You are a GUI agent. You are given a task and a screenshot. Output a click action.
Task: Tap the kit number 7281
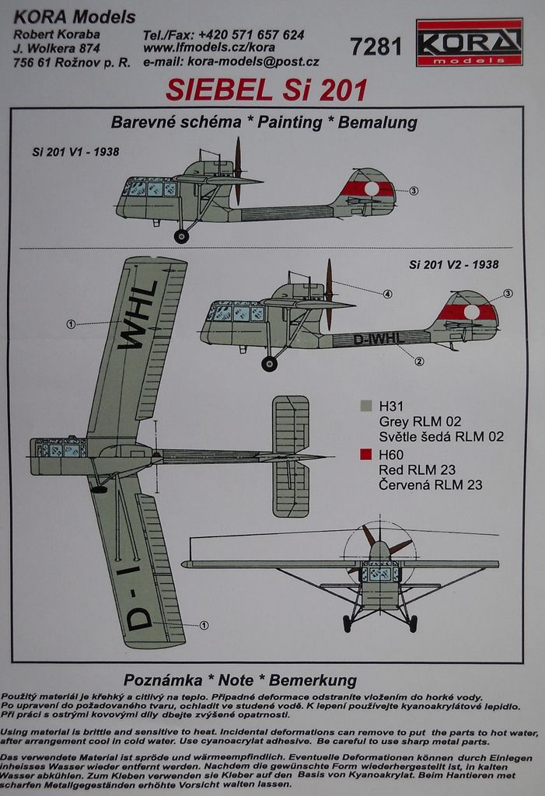pos(376,47)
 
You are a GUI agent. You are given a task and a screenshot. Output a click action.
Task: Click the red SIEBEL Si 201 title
pos(266,90)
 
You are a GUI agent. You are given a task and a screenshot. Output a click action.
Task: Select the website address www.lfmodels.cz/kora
pos(208,48)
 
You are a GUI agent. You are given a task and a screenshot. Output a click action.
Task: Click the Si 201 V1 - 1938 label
pos(75,152)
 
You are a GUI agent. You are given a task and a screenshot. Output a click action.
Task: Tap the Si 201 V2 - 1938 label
pos(454,264)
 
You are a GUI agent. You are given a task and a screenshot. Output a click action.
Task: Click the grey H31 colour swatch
pos(365,406)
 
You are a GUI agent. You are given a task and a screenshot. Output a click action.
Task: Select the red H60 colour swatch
pos(365,455)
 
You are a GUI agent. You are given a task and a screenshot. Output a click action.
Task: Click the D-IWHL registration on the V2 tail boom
pos(379,338)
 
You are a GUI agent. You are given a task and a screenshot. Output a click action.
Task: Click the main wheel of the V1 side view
pos(181,236)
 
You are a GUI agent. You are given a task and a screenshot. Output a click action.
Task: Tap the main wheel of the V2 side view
pos(269,363)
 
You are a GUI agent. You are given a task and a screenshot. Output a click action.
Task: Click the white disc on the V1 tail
pos(372,188)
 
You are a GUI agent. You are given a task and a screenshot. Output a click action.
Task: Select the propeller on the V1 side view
pos(237,170)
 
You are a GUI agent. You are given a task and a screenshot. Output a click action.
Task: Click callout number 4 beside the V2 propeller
pos(387,294)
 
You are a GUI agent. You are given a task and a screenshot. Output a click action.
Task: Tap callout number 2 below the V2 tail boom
pos(418,361)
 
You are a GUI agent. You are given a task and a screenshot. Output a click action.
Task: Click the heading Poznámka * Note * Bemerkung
pos(239,680)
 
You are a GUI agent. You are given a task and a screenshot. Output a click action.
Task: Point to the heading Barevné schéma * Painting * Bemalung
pos(264,122)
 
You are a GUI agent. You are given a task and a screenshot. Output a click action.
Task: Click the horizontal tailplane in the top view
pos(290,456)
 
